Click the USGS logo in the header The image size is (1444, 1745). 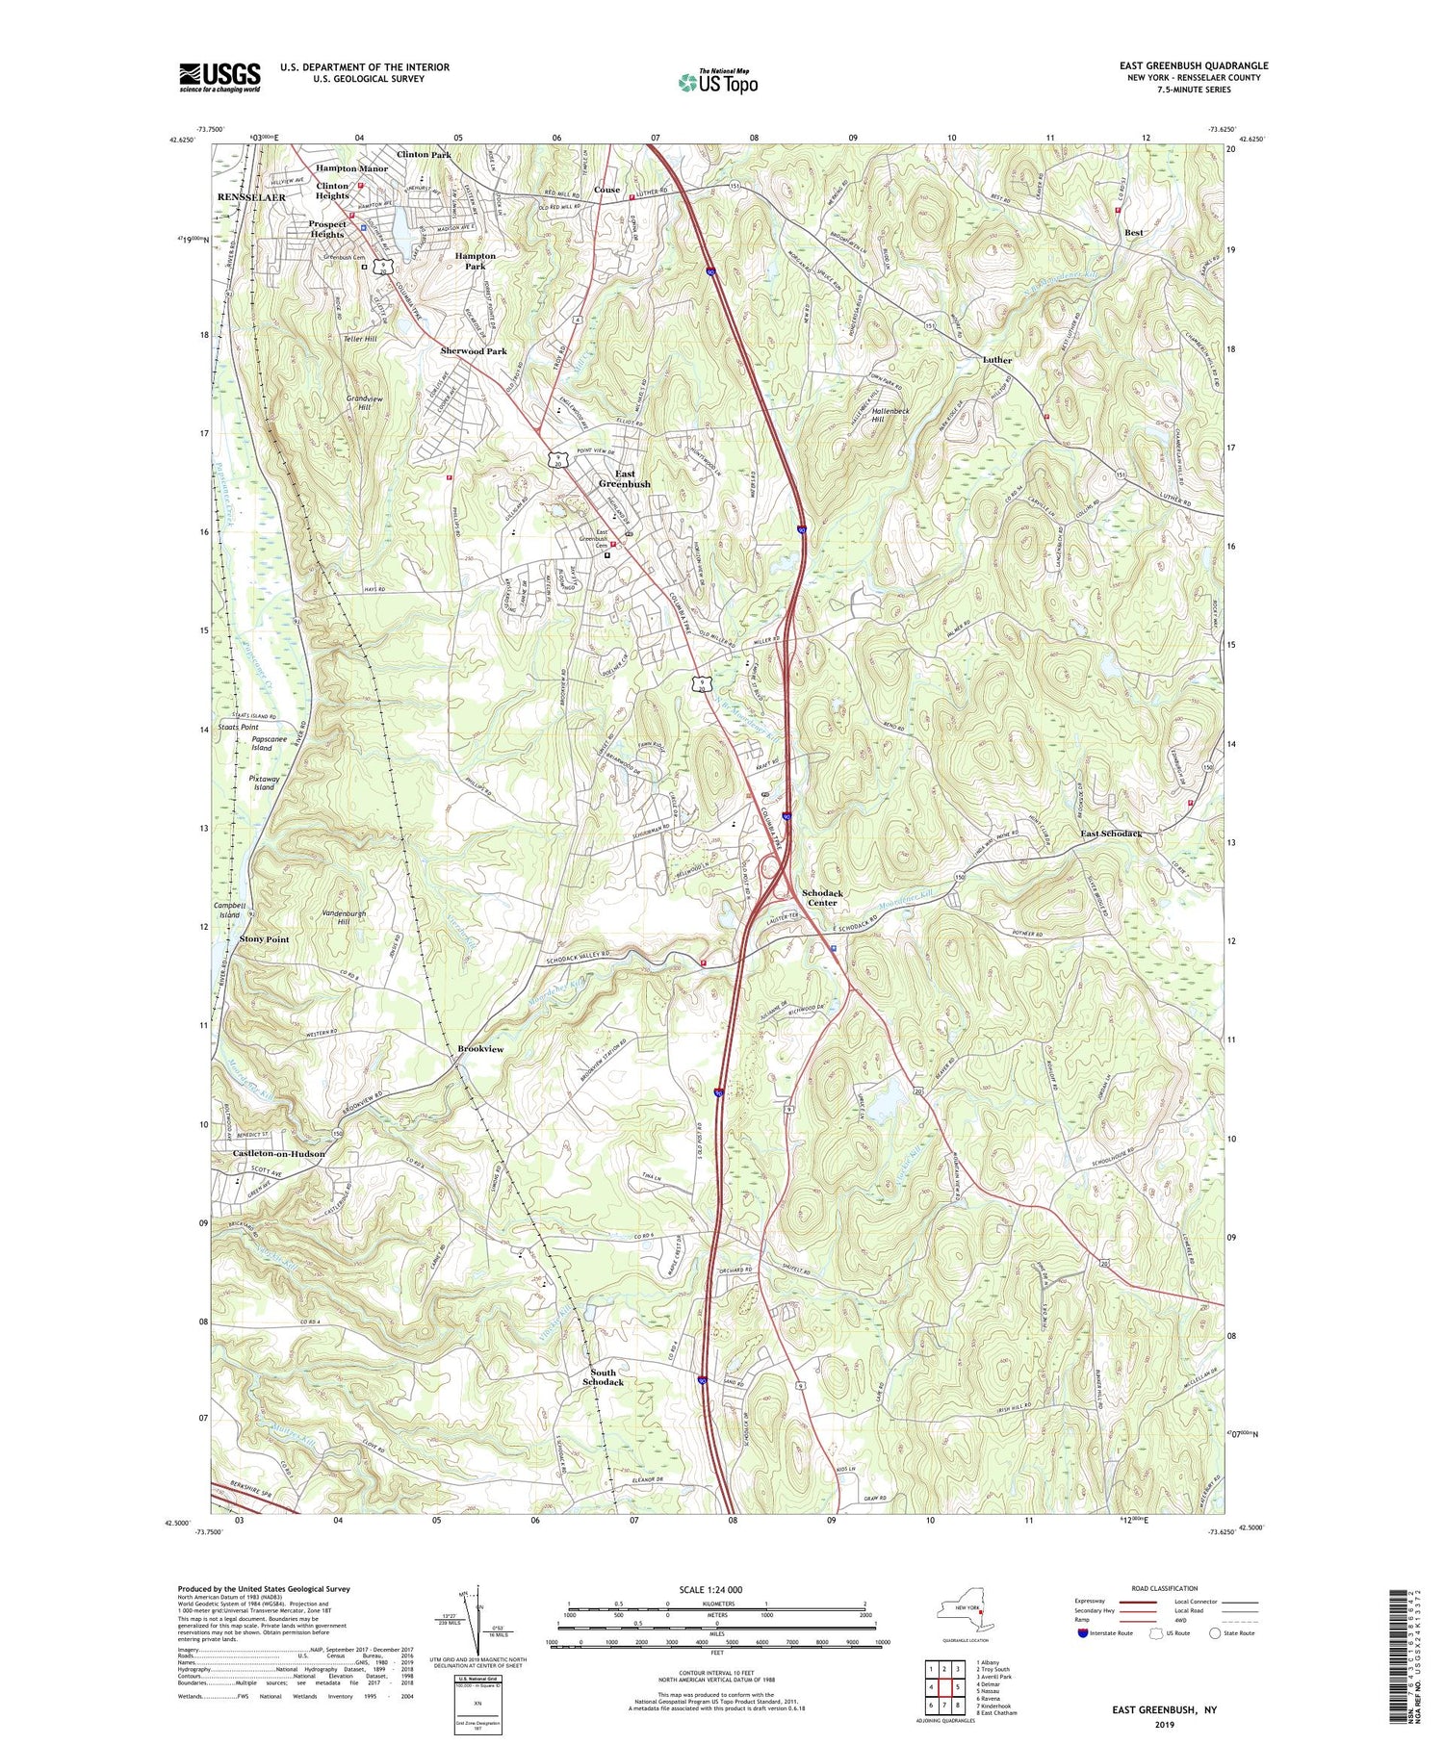[x=219, y=77]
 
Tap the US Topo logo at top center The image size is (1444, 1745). [x=717, y=82]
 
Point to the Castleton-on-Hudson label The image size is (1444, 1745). [x=278, y=1153]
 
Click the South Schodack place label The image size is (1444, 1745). [x=603, y=1377]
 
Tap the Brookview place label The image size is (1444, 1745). [x=480, y=1049]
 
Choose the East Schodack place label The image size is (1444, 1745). [x=1110, y=834]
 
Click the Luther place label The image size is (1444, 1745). [x=997, y=360]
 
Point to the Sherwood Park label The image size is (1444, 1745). [x=473, y=351]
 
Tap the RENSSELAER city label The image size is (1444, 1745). [x=251, y=197]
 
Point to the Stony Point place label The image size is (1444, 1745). [x=264, y=939]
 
